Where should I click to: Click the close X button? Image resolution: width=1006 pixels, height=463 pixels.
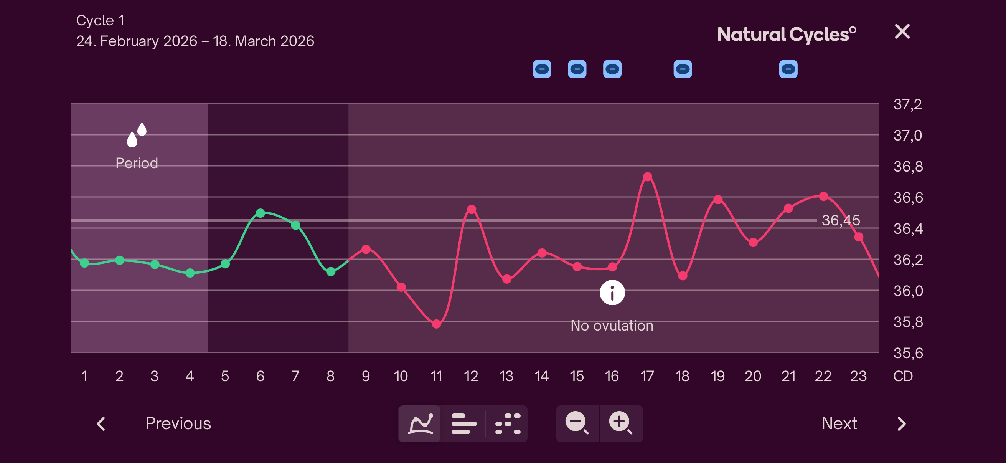[902, 31]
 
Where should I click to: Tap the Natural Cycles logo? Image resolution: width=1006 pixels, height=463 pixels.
[787, 35]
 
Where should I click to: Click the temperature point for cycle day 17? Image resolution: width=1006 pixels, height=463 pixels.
[647, 177]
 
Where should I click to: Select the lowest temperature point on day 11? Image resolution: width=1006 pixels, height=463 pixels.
[436, 324]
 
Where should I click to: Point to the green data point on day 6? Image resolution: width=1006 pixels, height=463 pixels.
[261, 213]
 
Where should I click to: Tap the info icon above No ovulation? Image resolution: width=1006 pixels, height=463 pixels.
[612, 293]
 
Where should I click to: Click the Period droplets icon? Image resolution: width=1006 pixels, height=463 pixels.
[136, 135]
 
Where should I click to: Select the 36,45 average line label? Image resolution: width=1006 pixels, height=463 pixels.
[840, 220]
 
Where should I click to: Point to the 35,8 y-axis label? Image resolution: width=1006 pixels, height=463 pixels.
[908, 322]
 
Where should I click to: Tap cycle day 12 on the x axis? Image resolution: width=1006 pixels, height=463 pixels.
[471, 376]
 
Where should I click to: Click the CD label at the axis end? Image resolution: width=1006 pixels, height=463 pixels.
[903, 376]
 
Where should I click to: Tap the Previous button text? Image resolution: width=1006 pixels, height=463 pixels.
[178, 423]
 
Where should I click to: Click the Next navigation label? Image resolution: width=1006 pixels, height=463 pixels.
[839, 423]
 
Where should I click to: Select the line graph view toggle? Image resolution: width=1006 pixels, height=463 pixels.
[420, 423]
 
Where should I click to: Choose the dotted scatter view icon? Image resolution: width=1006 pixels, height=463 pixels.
[507, 423]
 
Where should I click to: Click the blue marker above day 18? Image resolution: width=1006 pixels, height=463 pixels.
[682, 69]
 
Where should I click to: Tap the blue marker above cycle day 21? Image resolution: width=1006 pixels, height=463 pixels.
[788, 69]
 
